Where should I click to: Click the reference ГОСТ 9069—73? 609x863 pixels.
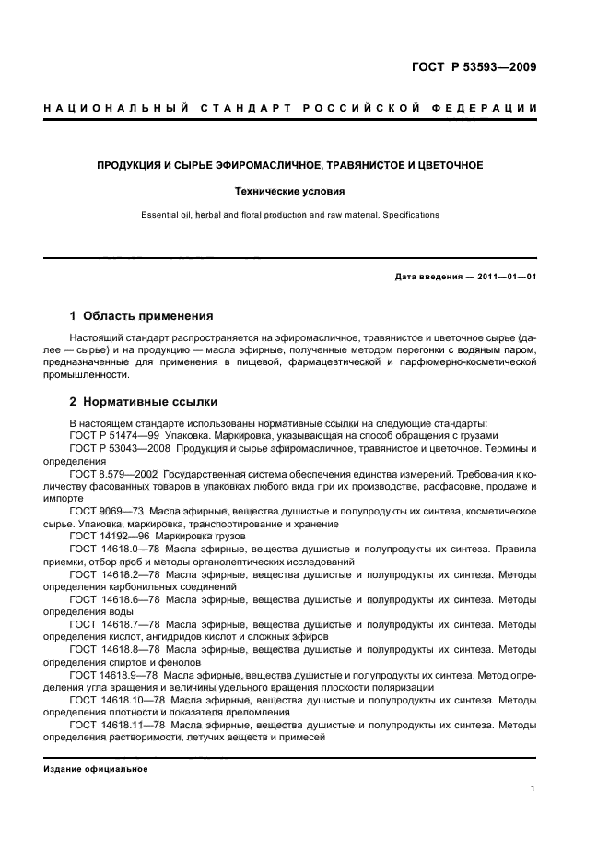[x=103, y=511]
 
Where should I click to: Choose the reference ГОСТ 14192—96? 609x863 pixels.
[x=106, y=536]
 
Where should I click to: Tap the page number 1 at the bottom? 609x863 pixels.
[x=533, y=788]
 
